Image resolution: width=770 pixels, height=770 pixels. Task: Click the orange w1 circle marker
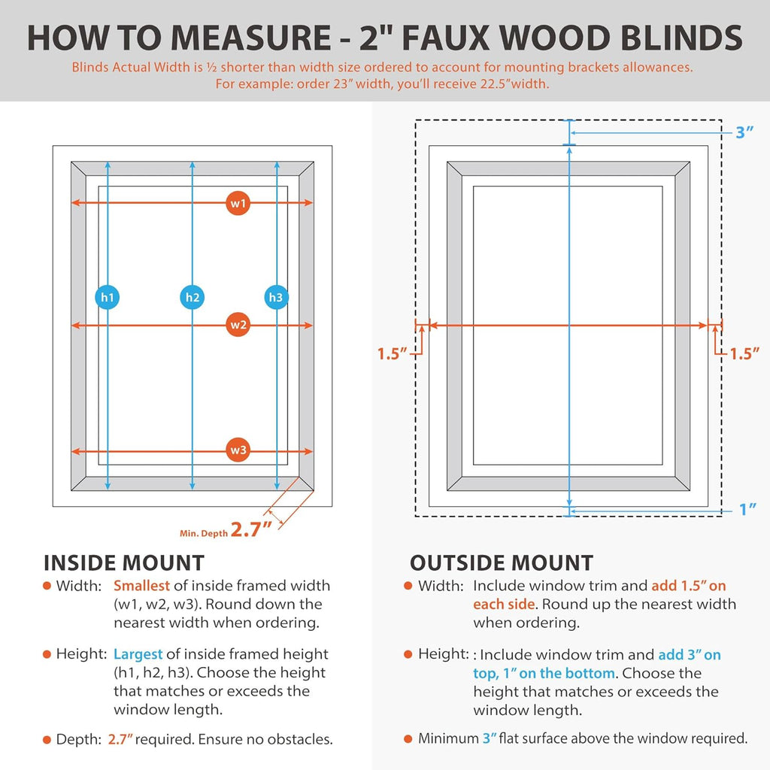238,203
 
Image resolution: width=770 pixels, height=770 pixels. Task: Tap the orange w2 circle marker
238,326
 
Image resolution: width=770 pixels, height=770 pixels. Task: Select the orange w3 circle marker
238,451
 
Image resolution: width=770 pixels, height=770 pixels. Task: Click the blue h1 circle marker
108,298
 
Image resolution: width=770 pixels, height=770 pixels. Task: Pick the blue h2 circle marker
192,298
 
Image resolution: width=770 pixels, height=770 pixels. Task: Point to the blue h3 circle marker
277,298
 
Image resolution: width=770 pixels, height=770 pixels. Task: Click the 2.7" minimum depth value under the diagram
251,530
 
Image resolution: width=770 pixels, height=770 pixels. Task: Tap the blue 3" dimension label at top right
744,132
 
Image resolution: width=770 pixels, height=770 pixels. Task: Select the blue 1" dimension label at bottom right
747,510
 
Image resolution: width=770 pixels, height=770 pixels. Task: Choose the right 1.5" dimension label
744,353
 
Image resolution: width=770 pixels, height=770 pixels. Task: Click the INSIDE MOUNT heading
123,562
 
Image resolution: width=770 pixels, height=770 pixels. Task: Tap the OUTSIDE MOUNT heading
501,562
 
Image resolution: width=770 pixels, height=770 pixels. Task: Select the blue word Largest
138,654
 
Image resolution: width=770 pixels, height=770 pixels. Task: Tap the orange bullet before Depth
47,740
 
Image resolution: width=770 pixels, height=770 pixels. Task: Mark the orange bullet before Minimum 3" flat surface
408,739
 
